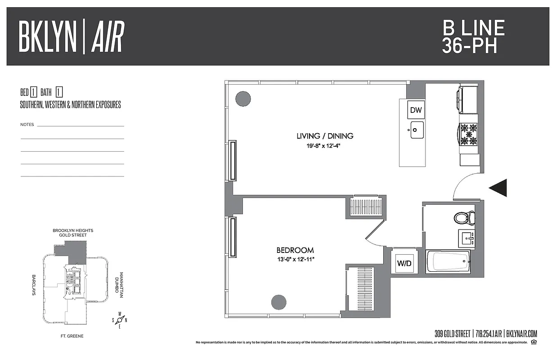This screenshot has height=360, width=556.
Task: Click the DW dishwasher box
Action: click(x=416, y=109)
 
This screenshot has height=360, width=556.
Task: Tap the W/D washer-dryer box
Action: click(x=404, y=263)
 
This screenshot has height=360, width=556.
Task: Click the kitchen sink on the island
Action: click(x=417, y=130)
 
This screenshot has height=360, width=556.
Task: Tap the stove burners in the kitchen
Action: click(x=468, y=134)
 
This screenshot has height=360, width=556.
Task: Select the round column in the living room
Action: click(x=243, y=99)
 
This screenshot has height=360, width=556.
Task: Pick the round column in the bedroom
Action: click(x=279, y=301)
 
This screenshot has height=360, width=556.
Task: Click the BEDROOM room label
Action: click(x=295, y=250)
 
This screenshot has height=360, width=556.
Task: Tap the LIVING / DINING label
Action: click(x=325, y=135)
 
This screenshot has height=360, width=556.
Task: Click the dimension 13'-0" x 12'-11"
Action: click(x=295, y=260)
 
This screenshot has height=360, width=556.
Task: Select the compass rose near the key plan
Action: click(x=120, y=320)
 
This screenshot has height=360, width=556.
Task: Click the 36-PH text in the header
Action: click(x=470, y=46)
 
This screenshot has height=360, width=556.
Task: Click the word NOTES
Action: click(x=27, y=125)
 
